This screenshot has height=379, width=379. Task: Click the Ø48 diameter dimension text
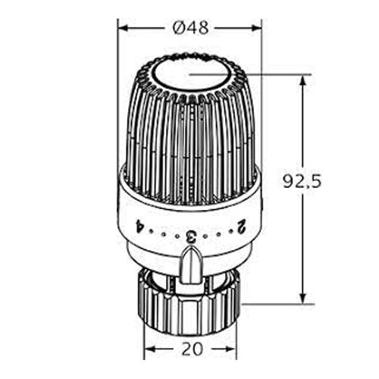click(x=191, y=27)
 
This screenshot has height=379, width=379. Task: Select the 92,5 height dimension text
click(x=302, y=181)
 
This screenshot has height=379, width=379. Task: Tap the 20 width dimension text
click(x=193, y=349)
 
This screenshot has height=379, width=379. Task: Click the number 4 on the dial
click(x=139, y=226)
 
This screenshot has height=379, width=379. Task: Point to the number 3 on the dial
click(x=190, y=236)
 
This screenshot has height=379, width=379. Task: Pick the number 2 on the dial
click(x=241, y=226)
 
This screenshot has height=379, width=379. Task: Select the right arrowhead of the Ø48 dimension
click(x=256, y=28)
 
